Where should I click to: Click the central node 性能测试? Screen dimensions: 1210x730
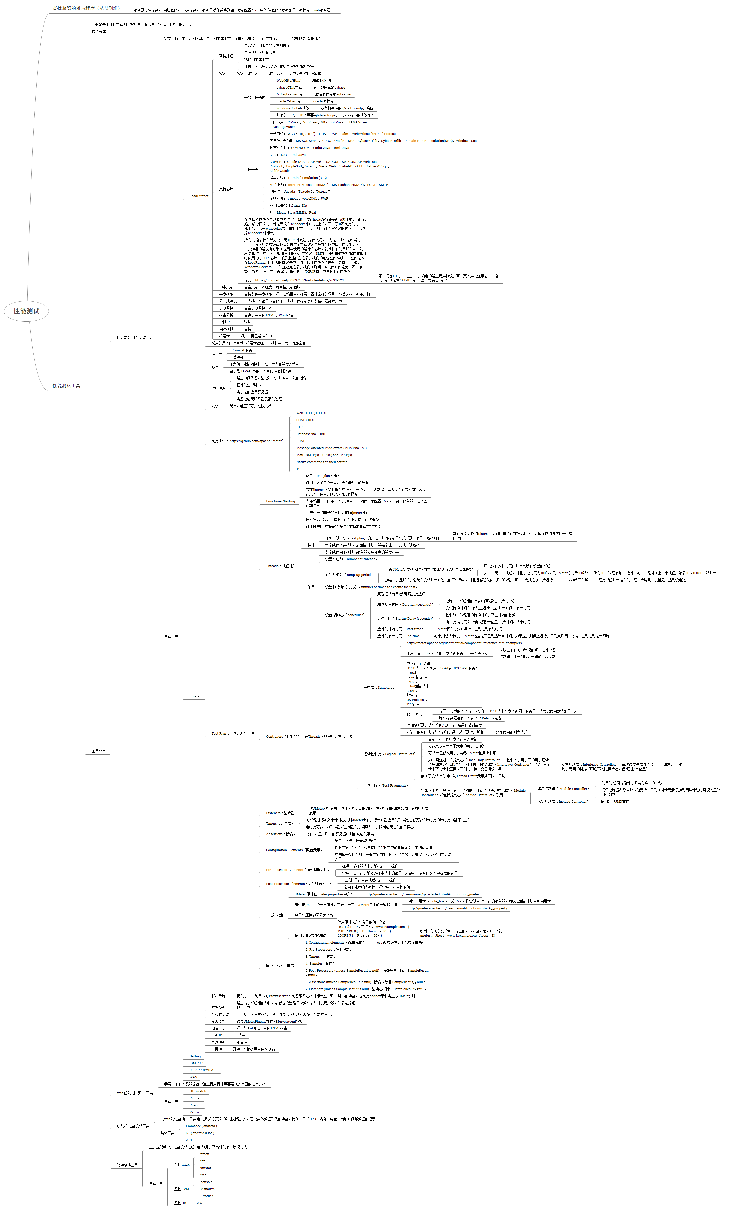26,311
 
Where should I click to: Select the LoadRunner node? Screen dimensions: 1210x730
199,196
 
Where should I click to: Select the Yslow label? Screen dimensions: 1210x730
194,1112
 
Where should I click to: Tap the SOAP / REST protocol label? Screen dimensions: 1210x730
306,420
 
